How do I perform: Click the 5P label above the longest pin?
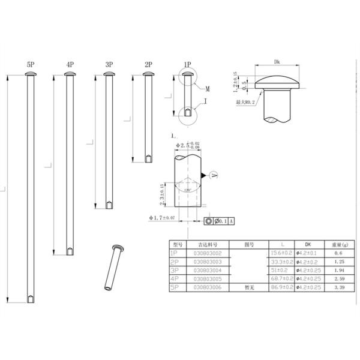pyautogui.click(x=30, y=64)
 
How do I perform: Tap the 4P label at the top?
pyautogui.click(x=70, y=64)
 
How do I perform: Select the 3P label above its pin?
pyautogui.click(x=109, y=64)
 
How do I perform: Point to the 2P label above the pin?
pyautogui.click(x=148, y=64)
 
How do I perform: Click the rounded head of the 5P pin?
pyautogui.click(x=30, y=74)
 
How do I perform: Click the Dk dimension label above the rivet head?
pyautogui.click(x=277, y=62)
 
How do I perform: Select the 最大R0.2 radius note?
pyautogui.click(x=246, y=103)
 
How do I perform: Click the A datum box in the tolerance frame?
pyautogui.click(x=232, y=221)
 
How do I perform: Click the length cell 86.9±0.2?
pyautogui.click(x=281, y=289)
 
